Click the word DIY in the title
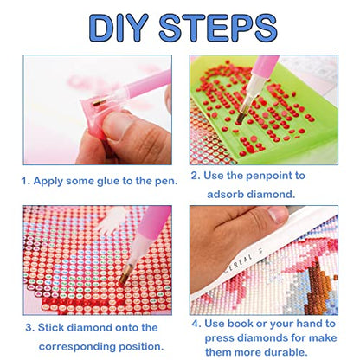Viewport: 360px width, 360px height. pos(119,28)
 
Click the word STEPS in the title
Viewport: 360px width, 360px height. pos(218,28)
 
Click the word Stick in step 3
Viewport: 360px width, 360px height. pos(51,328)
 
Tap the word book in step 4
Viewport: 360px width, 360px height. pos(240,324)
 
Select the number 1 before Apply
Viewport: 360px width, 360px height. pos(25,181)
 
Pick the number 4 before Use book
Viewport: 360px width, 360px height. pos(196,324)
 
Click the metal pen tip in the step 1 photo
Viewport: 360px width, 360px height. pos(100,102)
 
